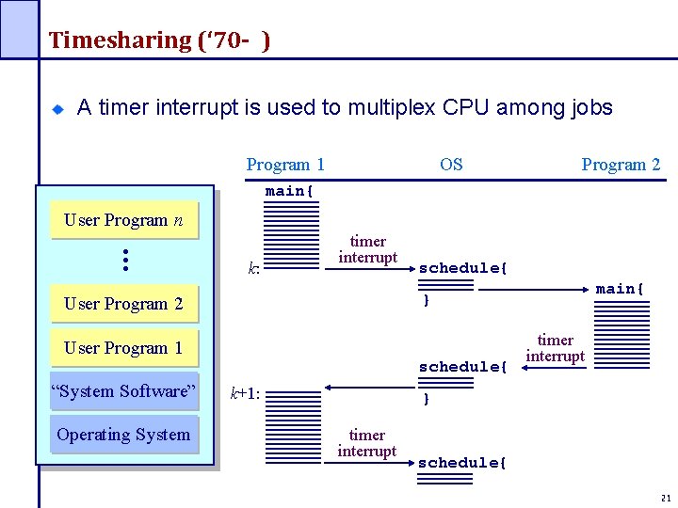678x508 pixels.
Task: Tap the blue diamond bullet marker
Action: click(x=56, y=109)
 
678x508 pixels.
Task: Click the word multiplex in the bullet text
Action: click(x=391, y=107)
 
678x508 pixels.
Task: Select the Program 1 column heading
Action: click(x=285, y=165)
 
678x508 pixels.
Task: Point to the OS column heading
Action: click(x=451, y=165)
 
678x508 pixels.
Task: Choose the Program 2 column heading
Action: click(x=621, y=165)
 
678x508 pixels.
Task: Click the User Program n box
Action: click(x=123, y=220)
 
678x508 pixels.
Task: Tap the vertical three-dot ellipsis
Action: click(x=124, y=260)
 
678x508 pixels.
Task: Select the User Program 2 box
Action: click(x=123, y=304)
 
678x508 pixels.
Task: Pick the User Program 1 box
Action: click(x=123, y=348)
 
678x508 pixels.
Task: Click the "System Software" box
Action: click(x=123, y=391)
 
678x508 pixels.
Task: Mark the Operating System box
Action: click(x=123, y=435)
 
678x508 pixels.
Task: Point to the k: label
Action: click(x=253, y=269)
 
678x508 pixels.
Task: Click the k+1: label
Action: click(x=245, y=395)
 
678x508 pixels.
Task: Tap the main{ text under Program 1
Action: click(x=289, y=191)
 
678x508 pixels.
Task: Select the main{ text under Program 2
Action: click(x=620, y=289)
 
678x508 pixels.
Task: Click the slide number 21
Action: click(x=665, y=498)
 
